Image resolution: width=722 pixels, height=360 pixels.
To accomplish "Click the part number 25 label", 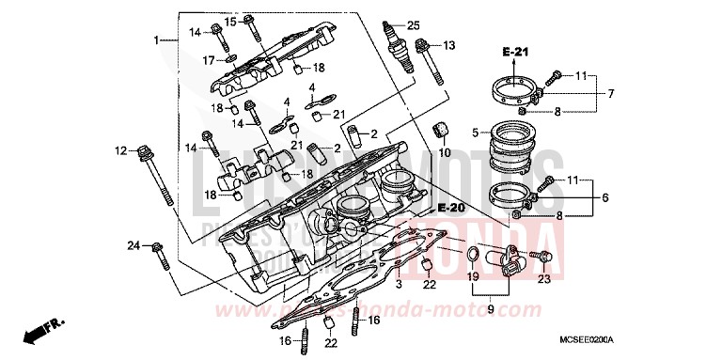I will pos(413,23).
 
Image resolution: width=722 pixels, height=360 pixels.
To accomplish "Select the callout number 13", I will pos(448,45).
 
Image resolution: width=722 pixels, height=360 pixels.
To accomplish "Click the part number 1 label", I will pos(157,40).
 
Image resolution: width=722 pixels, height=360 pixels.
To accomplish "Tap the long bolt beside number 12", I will pos(158,179).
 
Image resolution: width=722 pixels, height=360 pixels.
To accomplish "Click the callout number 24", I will pos(133,245).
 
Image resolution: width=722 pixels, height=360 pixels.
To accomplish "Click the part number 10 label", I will pos(445,152).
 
